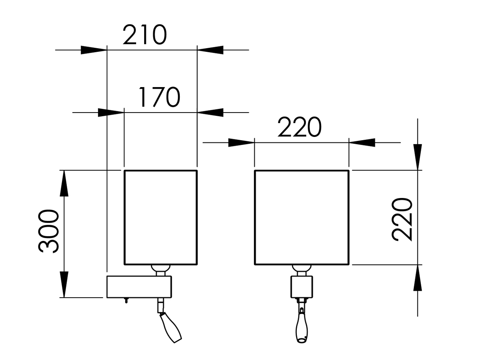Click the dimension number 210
pyautogui.click(x=145, y=35)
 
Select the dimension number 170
pyautogui.click(x=159, y=98)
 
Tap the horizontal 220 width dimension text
pyautogui.click(x=299, y=128)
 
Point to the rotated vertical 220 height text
pyautogui.click(x=403, y=219)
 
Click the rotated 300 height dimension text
pyautogui.click(x=49, y=231)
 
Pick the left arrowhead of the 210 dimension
pyautogui.click(x=94, y=50)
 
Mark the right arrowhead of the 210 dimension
pyautogui.click(x=210, y=50)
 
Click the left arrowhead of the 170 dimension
pyautogui.click(x=111, y=113)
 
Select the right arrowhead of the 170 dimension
pyautogui.click(x=210, y=113)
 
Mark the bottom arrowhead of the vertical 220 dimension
pyautogui.click(x=418, y=278)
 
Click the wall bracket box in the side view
pyautogui.click(x=139, y=286)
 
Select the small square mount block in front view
pyautogui.click(x=302, y=287)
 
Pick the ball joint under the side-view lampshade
pyautogui.click(x=160, y=269)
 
